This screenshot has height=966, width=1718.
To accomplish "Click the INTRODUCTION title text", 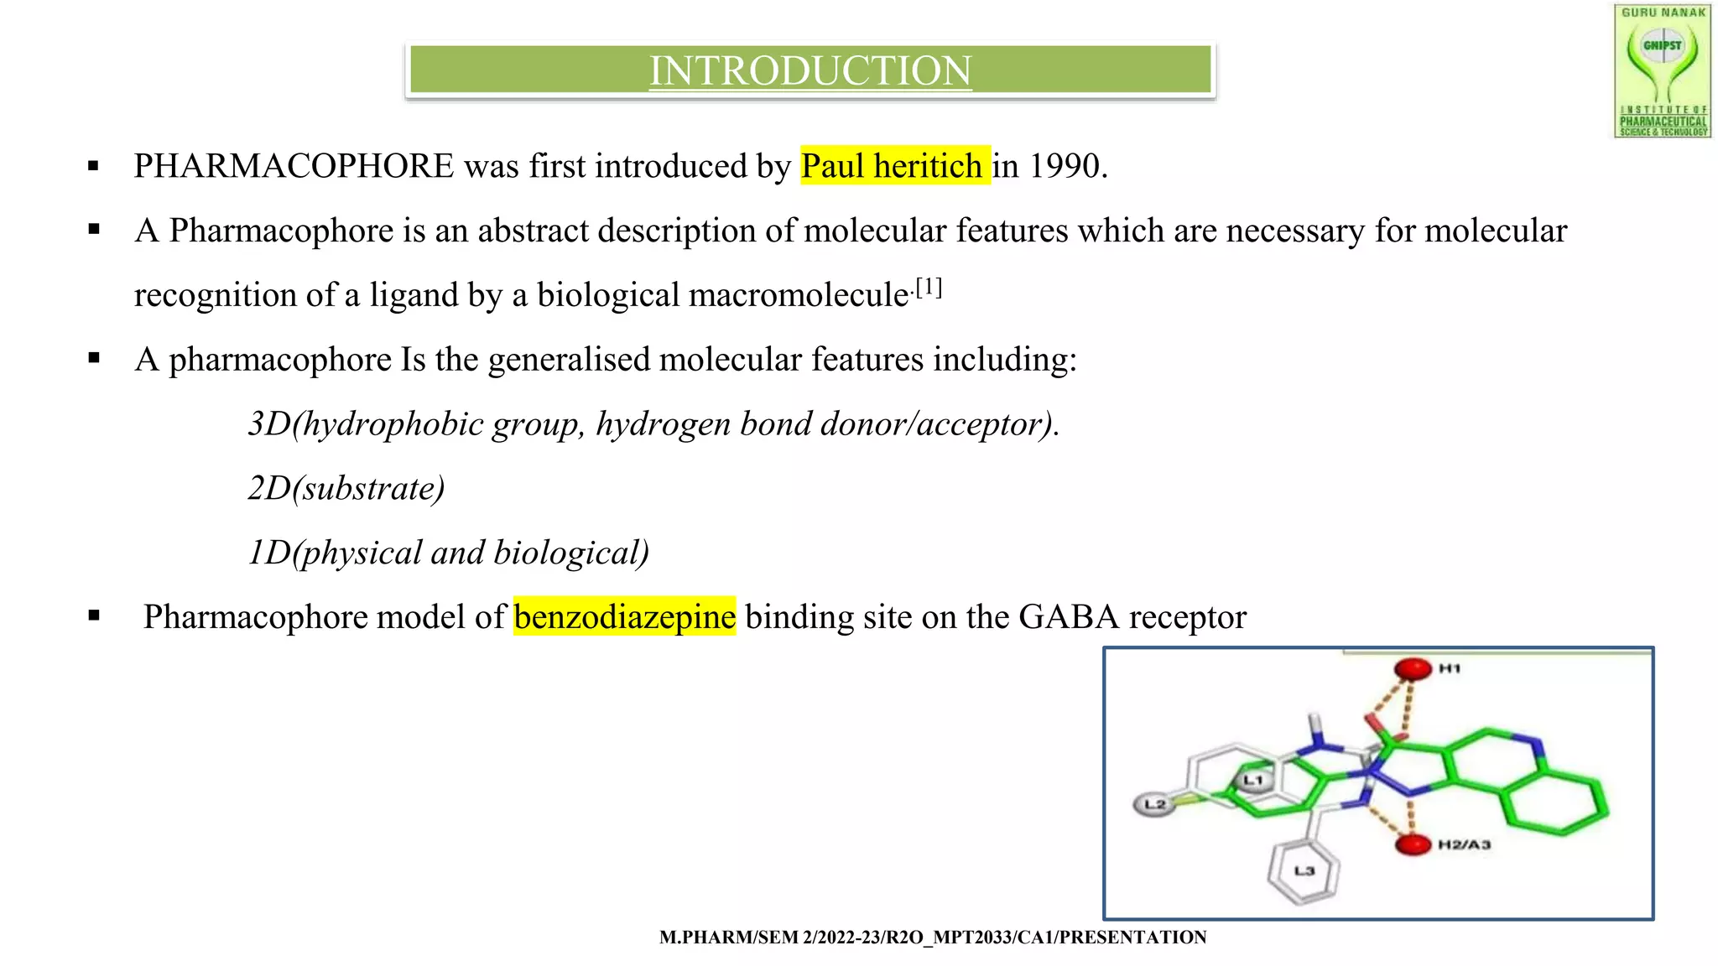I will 810,70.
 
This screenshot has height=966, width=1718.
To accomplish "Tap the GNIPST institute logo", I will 1662,71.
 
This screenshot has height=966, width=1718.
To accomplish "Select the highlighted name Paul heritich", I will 894,166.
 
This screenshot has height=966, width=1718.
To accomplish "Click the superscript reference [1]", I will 929,288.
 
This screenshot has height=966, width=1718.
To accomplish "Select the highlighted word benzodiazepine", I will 625,616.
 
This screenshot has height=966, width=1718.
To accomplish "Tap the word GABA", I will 1069,616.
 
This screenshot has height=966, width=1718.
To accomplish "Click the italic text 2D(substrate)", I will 346,488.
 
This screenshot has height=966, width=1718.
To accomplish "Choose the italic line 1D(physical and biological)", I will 449,553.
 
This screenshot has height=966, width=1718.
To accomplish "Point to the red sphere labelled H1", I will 1413,669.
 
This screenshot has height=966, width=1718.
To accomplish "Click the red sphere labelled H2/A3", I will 1413,844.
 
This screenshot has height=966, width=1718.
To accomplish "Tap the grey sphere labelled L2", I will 1153,805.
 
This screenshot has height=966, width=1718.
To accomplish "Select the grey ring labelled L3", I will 1303,872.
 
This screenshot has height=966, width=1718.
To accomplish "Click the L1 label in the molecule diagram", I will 1253,781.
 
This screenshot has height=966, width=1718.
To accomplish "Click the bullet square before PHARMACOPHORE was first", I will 93,166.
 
